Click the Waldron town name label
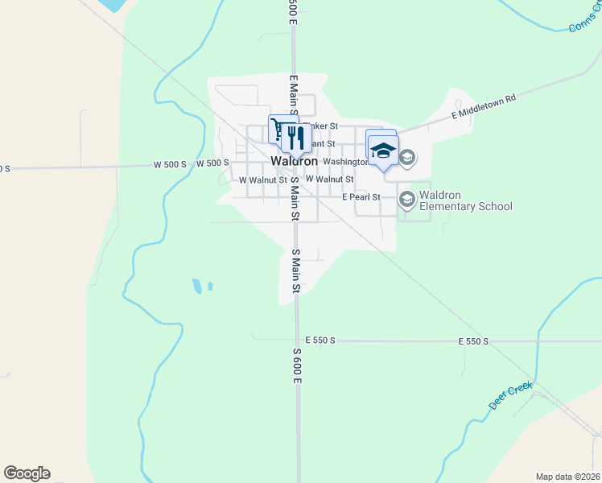click(x=295, y=161)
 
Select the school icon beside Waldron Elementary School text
click(x=407, y=199)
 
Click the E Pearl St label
click(x=361, y=196)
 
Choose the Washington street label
click(x=346, y=162)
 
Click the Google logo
click(x=27, y=473)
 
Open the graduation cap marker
click(x=383, y=151)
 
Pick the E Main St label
click(x=294, y=93)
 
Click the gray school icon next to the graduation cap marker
click(x=407, y=157)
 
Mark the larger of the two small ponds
click(x=197, y=286)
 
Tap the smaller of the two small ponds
click(x=210, y=286)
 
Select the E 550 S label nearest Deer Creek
click(x=474, y=341)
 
